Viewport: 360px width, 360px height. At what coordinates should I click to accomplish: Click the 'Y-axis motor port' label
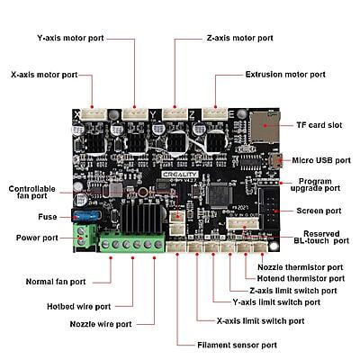70,39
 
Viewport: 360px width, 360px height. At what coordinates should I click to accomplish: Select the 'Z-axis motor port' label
240,39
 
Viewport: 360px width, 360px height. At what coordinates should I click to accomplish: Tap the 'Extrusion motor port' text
285,75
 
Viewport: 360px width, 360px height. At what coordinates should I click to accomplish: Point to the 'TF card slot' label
319,125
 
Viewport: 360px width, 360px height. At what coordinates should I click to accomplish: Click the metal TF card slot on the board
265,126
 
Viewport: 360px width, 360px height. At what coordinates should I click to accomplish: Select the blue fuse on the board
86,215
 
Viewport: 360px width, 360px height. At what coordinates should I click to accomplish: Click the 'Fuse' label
48,217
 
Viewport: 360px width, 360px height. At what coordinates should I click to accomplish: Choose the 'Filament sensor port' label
237,345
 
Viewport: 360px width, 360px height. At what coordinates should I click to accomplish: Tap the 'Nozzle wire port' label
101,324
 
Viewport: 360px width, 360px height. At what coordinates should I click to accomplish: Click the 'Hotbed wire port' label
79,307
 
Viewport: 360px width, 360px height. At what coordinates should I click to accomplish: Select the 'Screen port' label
319,211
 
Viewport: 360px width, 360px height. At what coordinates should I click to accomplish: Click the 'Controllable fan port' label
32,193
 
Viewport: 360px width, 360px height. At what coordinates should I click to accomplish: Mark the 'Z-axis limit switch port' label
293,291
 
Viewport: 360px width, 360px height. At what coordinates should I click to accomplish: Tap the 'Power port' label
37,238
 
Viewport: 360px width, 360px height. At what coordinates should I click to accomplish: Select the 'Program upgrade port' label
315,184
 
